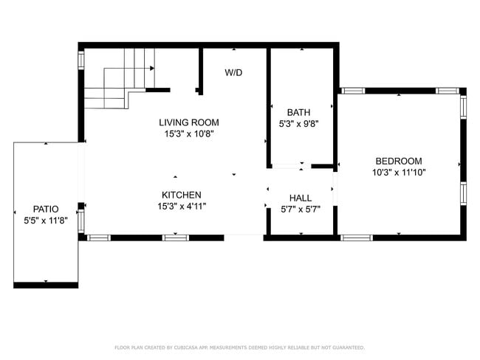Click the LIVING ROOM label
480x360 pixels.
189,122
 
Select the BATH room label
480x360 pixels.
298,113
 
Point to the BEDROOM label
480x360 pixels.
398,162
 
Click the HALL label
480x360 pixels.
300,198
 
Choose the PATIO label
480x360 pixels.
45,209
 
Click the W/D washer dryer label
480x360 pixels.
234,72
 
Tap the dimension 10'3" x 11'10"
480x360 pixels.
398,173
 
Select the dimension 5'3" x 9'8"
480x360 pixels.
298,124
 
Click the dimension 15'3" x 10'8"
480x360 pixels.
189,134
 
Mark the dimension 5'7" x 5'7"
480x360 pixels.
300,209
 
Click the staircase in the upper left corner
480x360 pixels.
118,77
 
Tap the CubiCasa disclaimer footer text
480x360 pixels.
239,347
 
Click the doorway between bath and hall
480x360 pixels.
290,166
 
